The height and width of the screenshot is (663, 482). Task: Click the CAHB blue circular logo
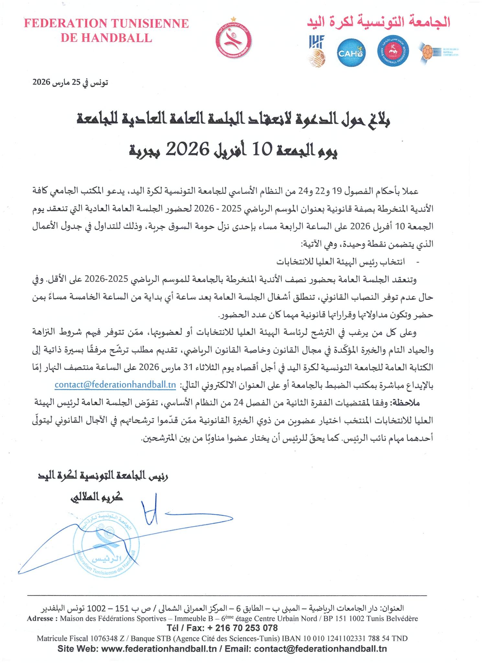351,53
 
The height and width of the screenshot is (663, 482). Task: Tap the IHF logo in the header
316,51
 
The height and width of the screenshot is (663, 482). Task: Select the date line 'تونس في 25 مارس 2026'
70,82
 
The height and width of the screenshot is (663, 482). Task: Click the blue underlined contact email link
115,385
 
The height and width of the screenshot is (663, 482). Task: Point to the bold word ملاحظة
405,403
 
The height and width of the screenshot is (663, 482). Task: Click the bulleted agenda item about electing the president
340,262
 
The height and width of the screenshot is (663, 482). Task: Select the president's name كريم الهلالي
97,497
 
